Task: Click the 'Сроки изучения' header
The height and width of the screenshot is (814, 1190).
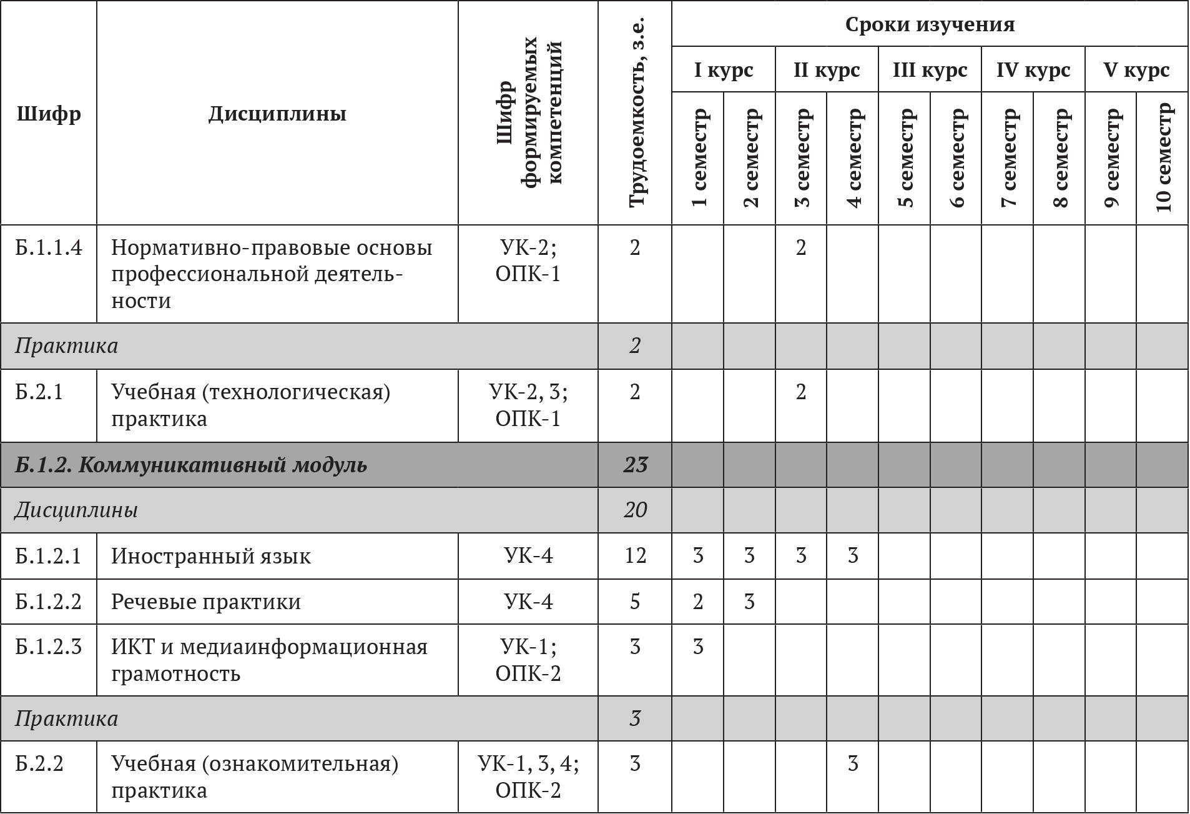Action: (930, 25)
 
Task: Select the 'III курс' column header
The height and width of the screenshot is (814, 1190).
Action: (930, 70)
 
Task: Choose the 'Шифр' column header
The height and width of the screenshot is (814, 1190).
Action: (49, 114)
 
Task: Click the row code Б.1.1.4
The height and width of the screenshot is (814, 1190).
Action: (49, 248)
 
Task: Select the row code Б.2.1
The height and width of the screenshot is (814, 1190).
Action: (39, 392)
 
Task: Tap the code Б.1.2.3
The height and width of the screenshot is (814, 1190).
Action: (49, 647)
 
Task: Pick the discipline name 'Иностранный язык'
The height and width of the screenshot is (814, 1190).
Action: (211, 556)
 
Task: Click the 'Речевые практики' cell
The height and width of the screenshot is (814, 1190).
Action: (206, 602)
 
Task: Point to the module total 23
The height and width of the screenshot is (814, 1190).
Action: (635, 465)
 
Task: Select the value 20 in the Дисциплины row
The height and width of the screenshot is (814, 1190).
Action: (635, 510)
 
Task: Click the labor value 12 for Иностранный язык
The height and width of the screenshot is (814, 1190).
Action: (635, 556)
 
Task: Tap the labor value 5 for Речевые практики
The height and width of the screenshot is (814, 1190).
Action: (635, 602)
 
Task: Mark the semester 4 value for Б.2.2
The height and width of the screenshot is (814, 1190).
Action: (853, 764)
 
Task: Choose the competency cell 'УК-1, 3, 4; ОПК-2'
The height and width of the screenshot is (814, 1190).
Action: (528, 777)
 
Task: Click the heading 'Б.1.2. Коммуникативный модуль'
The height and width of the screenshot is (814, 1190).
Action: (191, 465)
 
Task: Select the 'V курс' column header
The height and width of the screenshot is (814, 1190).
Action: (1136, 70)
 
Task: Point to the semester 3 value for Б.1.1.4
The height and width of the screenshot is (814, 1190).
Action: (801, 248)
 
